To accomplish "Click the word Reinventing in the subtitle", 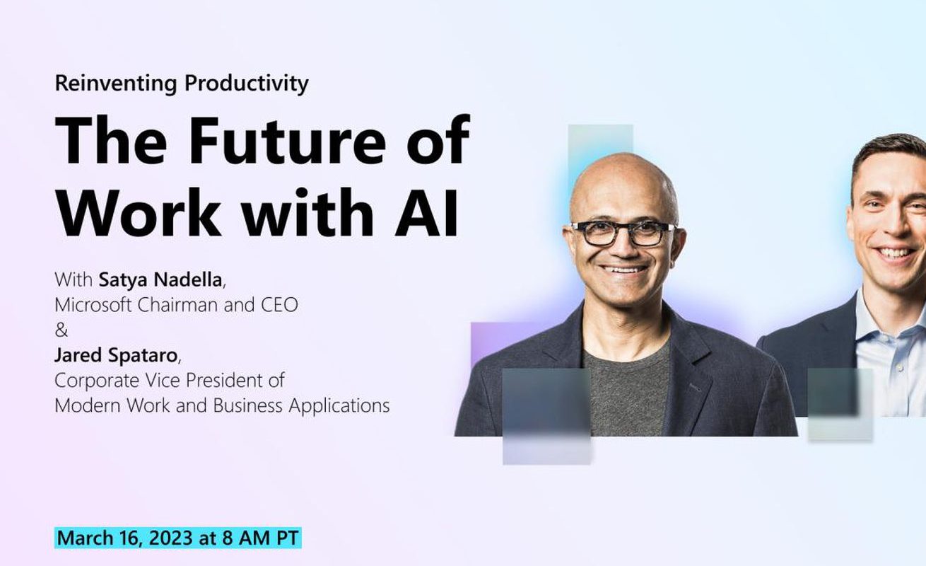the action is coord(116,84).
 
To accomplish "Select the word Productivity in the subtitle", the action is coord(247,84).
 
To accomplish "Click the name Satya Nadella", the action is coord(160,280).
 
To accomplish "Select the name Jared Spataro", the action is coord(116,355).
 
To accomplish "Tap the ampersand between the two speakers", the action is coord(61,330).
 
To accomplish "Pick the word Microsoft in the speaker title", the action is coord(93,305).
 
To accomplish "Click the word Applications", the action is coord(339,406).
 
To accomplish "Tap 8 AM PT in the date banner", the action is coord(260,538).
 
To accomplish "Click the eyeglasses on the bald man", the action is coord(623,233).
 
